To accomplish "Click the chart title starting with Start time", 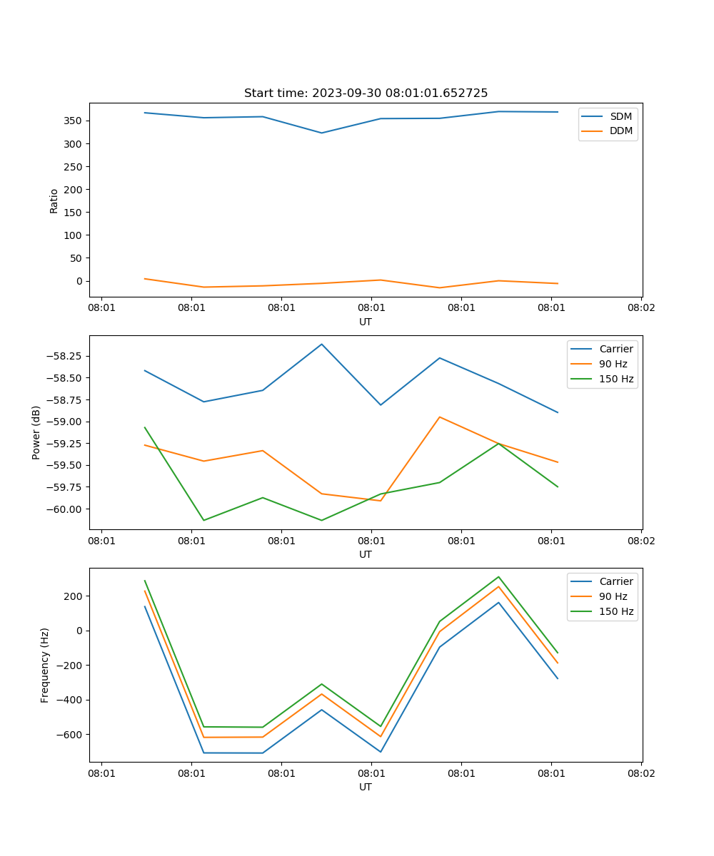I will tap(366, 93).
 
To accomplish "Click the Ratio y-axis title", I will tap(54, 200).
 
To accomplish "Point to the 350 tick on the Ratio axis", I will tap(74, 121).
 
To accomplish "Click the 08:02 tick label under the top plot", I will tap(640, 308).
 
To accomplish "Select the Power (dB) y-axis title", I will tap(36, 432).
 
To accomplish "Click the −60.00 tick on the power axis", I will tap(64, 509).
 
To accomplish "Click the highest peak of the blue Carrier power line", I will tap(321, 344).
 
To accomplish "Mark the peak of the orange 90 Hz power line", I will tap(439, 417).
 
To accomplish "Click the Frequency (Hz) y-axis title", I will tap(45, 665).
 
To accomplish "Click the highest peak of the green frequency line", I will tap(498, 576).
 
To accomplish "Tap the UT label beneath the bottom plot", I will tap(366, 787).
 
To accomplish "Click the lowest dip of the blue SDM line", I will tap(321, 133).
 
